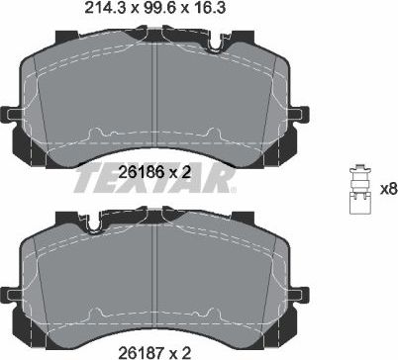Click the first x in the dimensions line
(x=123, y=12)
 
